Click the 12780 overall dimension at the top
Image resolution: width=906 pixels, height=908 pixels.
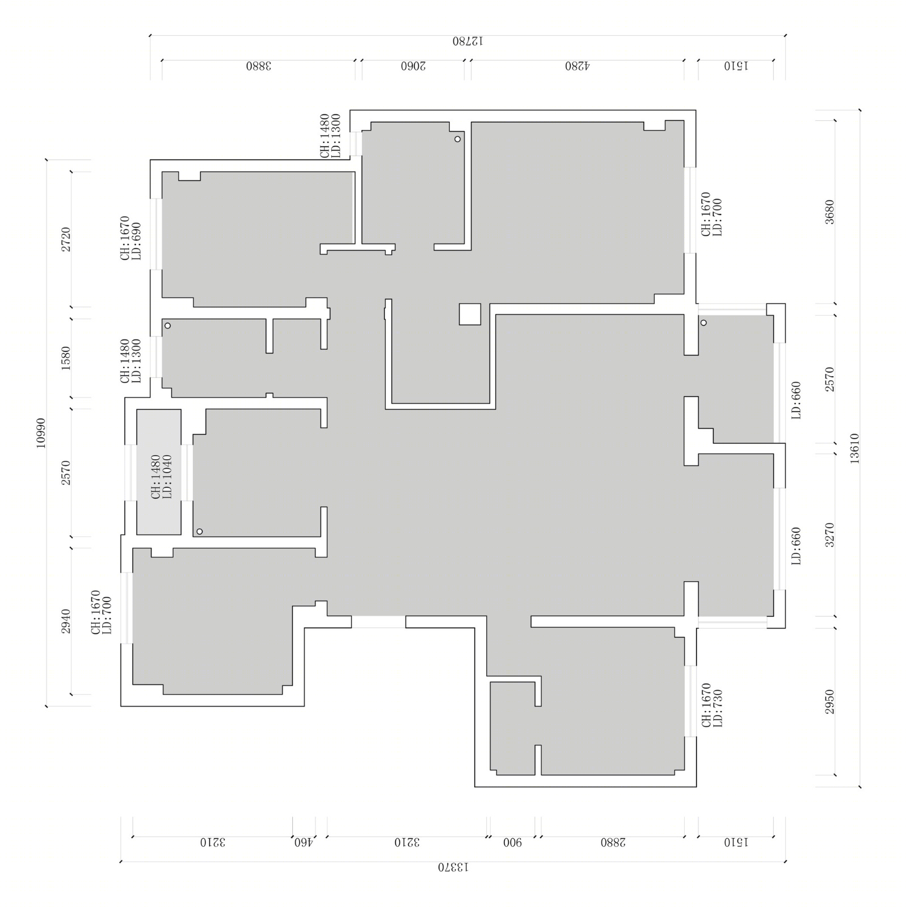point(467,41)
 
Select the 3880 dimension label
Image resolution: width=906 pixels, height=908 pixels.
point(259,66)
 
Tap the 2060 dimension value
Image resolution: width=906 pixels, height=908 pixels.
point(413,66)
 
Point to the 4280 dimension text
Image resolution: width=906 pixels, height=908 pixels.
point(577,66)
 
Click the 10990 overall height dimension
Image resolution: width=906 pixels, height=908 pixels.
point(40,433)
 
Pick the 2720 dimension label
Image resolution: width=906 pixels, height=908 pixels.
point(66,239)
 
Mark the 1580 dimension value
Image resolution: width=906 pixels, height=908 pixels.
point(66,358)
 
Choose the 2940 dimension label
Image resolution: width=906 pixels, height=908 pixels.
point(66,621)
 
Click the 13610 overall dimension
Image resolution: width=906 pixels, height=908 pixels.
point(854,448)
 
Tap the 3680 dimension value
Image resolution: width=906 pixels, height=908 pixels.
point(829,212)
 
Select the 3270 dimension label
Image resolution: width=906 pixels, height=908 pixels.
point(829,535)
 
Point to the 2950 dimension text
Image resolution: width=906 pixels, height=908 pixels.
point(829,701)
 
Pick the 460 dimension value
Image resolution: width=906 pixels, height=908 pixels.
point(304,842)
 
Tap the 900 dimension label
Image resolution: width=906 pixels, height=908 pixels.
point(512,842)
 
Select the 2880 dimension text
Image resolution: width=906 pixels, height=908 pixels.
point(613,842)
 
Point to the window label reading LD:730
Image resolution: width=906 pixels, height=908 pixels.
point(718,708)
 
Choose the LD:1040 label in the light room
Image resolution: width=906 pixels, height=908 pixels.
point(167,477)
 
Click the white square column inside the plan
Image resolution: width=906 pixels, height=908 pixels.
point(470,314)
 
